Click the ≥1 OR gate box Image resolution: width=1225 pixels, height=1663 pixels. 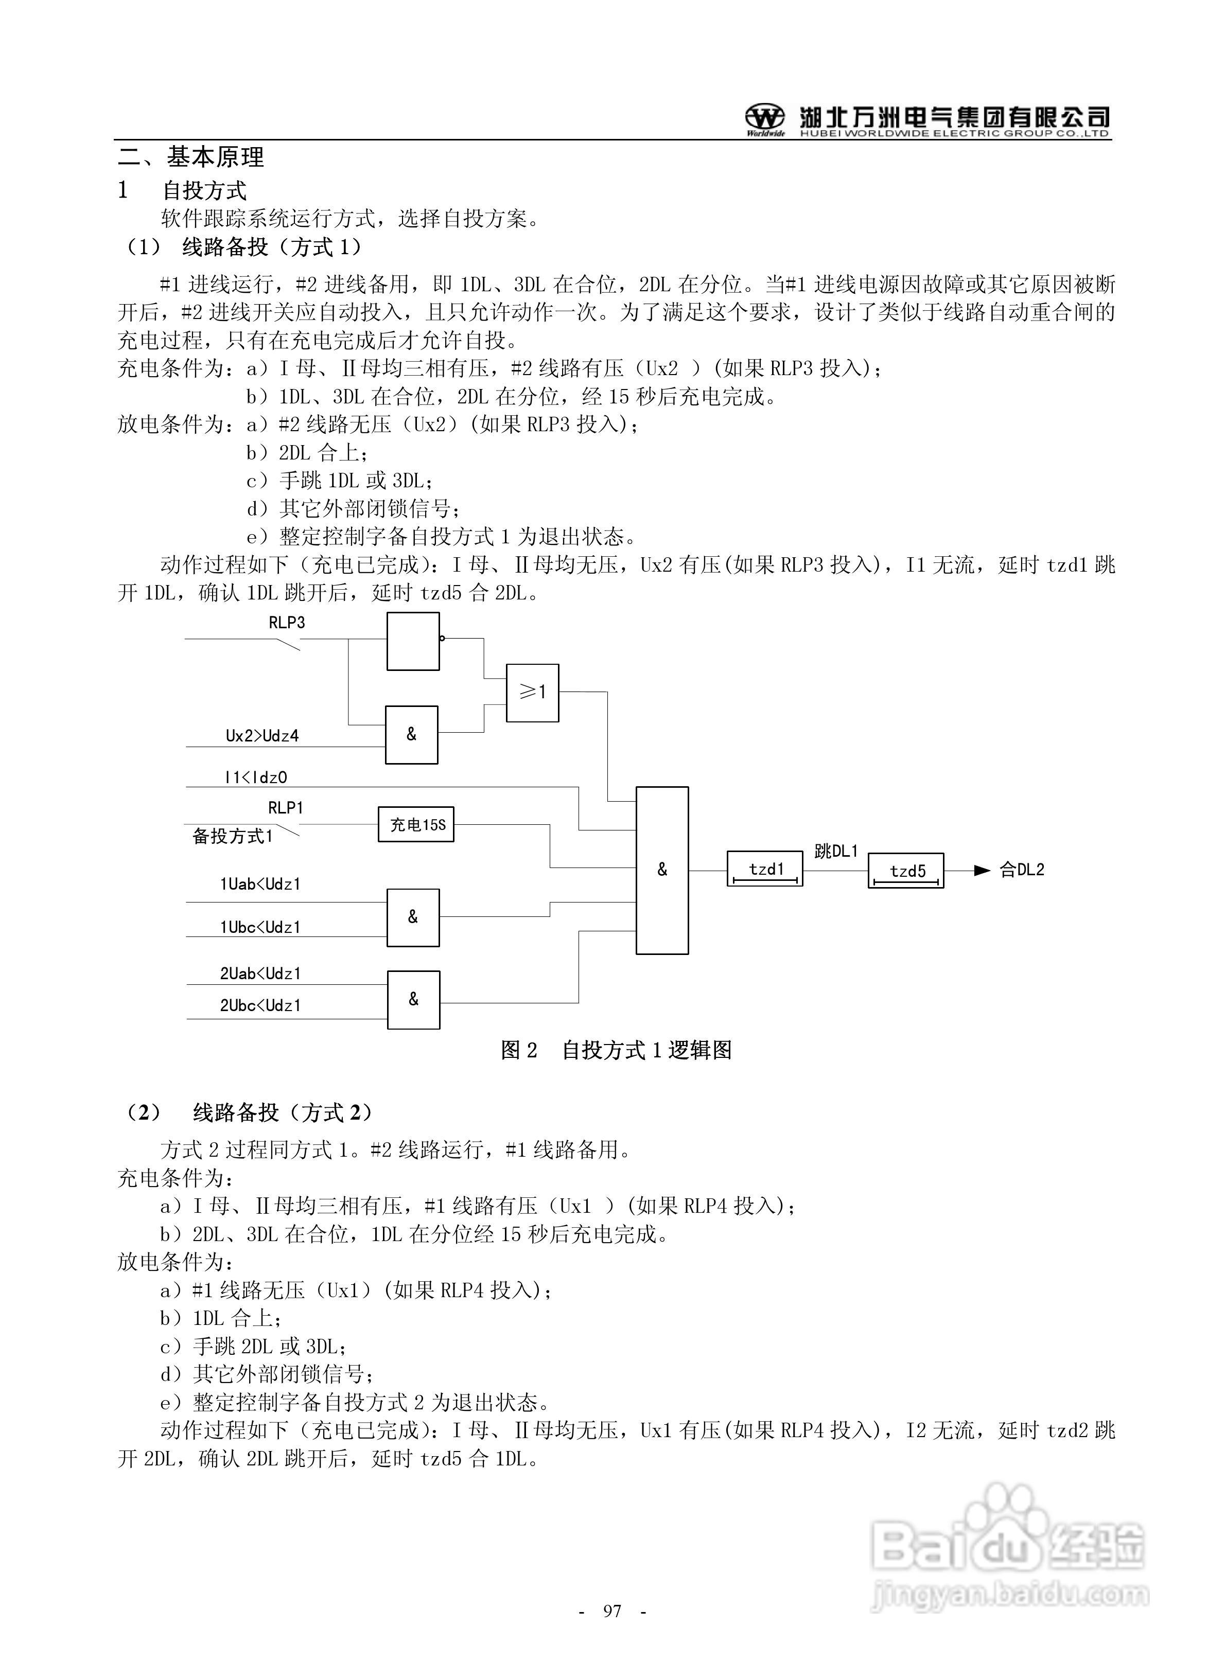pos(532,692)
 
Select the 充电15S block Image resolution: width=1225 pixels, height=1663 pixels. pos(416,824)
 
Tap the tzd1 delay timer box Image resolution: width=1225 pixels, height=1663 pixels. pos(764,869)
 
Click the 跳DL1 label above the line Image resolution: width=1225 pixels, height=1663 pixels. pos(836,852)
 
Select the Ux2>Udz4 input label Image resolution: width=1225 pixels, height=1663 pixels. pos(262,736)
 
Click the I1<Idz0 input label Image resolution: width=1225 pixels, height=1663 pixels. pos(255,777)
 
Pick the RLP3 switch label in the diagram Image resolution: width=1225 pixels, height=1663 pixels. pos(286,623)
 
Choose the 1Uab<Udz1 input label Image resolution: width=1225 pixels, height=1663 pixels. pos(260,884)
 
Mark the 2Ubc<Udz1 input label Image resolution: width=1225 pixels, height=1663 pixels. pos(260,1005)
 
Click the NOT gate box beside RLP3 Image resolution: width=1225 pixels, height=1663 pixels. pos(413,642)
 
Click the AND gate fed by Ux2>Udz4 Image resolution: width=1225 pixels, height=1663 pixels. pos(412,734)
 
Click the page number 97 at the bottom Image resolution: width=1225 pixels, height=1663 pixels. pos(612,1611)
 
